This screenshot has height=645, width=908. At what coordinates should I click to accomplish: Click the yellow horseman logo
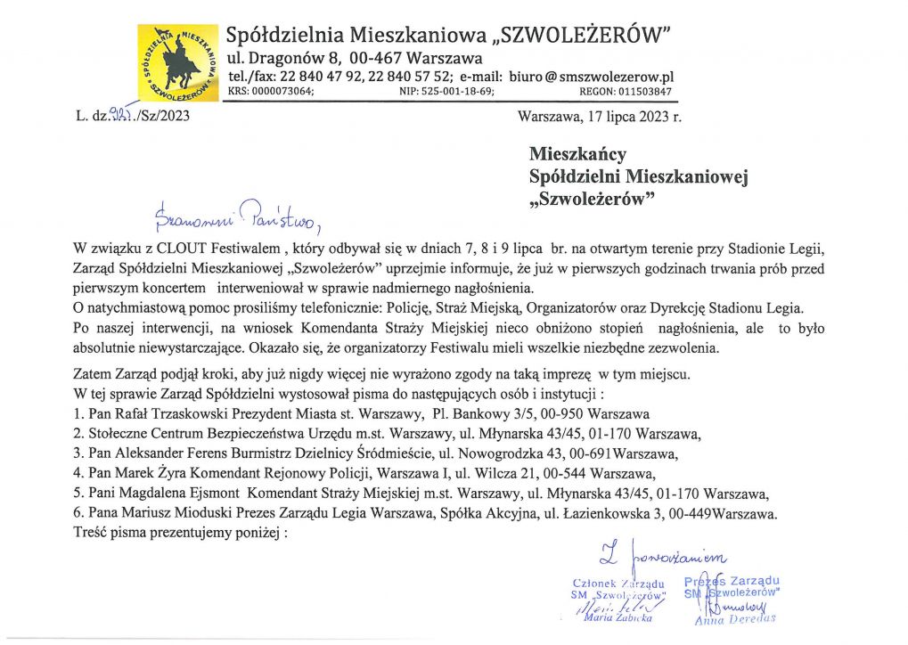(x=177, y=62)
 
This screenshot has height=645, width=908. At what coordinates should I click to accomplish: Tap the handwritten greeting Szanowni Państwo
(x=236, y=214)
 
